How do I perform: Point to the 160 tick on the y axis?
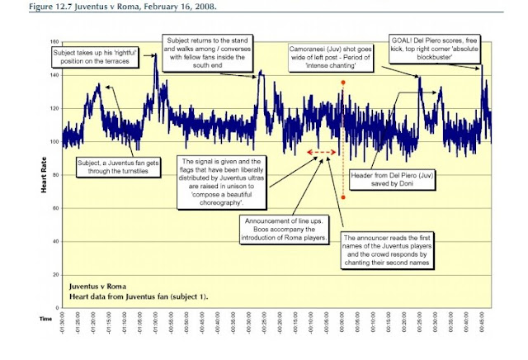point(55,42)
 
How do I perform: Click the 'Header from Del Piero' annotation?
point(388,180)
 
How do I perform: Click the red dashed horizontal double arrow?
point(321,153)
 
